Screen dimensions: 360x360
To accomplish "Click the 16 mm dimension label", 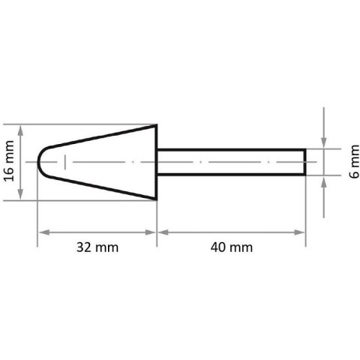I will pyautogui.click(x=10, y=162).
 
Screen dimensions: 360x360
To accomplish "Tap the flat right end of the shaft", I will pyautogui.click(x=305, y=162).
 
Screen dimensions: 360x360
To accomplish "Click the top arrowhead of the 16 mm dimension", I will pyautogui.click(x=23, y=127).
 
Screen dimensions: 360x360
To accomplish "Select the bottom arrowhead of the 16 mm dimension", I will pyautogui.click(x=23, y=196).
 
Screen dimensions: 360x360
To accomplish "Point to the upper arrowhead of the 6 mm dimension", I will pyautogui.click(x=324, y=144).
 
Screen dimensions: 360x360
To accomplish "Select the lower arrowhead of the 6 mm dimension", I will pyautogui.click(x=324, y=180).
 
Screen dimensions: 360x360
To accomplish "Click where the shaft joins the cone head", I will pyautogui.click(x=157, y=162).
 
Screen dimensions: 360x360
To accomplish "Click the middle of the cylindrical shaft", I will pyautogui.click(x=231, y=162).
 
